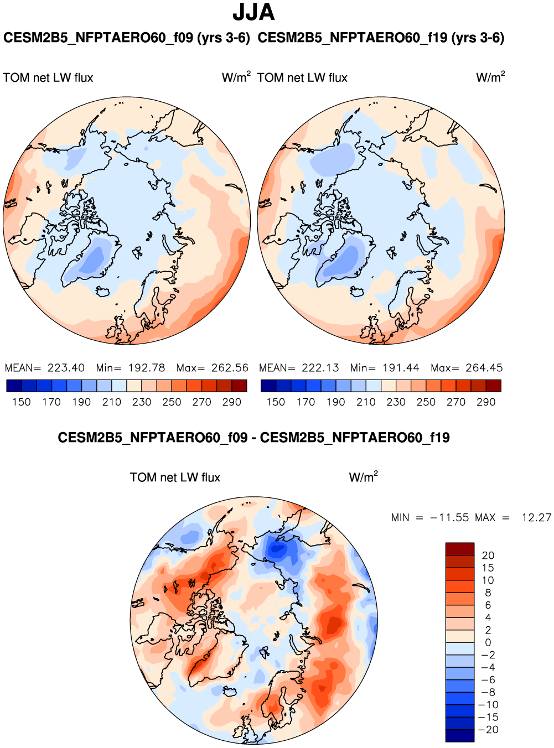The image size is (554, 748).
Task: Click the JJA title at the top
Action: pos(253,12)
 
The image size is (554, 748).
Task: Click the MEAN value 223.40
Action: pos(66,368)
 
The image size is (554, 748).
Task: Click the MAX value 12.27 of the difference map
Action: pos(536,518)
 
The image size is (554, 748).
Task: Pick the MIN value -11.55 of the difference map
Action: pos(449,518)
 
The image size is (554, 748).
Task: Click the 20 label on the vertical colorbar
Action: pos(488,555)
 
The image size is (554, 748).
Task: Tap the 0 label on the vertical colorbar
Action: pos(488,643)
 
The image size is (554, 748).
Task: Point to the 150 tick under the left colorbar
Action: pos(22,402)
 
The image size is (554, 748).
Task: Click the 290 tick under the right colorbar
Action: pos(486,402)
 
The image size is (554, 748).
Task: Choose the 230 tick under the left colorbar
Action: pos(142,402)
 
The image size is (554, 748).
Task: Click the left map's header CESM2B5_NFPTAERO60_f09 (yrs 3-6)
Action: pos(127,38)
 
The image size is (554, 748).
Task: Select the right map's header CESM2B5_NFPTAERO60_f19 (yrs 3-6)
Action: pos(381,38)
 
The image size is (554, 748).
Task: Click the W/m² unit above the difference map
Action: pos(363,477)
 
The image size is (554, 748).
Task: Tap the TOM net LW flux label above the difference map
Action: pos(175,477)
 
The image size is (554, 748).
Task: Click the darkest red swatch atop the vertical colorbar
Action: pos(460,549)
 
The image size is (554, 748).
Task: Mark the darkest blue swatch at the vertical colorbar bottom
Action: pos(460,736)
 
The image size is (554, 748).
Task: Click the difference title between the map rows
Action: pos(253,438)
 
